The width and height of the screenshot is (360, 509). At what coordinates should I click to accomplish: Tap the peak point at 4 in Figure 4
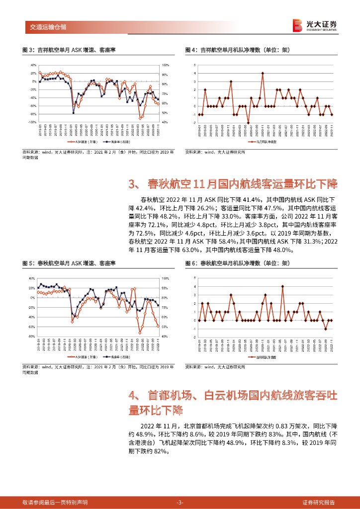click(263, 73)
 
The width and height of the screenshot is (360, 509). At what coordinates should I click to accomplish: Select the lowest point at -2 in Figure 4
click(248, 122)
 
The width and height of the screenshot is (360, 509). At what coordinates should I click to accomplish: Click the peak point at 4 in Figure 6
click(282, 286)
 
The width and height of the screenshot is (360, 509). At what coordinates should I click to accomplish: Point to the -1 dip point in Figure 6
click(325, 329)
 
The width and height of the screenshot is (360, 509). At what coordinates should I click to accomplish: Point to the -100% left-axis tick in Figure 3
click(32, 122)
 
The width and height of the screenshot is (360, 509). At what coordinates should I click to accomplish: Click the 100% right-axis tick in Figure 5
click(166, 278)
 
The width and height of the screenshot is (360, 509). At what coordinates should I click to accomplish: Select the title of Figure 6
click(237, 262)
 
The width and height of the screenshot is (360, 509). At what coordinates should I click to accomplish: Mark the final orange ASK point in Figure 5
click(158, 326)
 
